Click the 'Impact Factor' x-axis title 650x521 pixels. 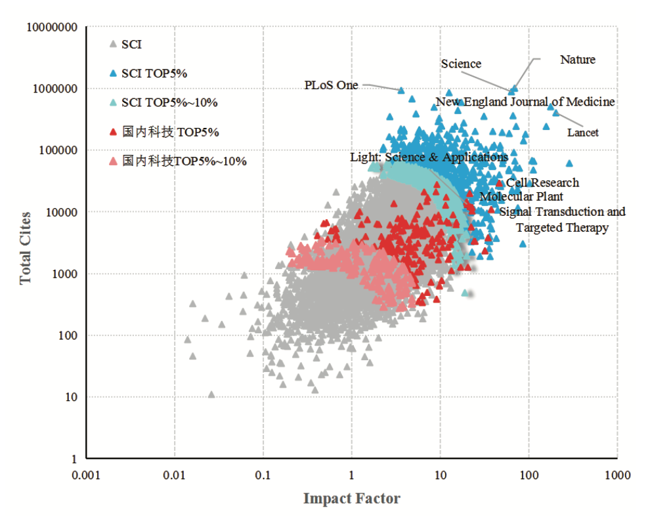tap(351, 499)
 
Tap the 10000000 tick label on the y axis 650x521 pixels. tap(51, 28)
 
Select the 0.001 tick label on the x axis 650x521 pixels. tap(86, 474)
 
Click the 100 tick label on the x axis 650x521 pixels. tap(529, 474)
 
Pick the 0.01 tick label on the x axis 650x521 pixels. tap(175, 474)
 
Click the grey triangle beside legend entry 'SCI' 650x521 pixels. tap(113, 45)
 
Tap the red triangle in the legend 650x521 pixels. tap(113, 132)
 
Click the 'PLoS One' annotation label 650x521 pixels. tap(331, 85)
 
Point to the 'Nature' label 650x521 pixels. tap(577, 60)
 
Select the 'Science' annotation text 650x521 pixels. tap(461, 64)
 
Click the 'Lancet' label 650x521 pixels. tap(583, 133)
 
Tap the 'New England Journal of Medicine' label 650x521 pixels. tap(525, 102)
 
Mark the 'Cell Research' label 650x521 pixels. tap(542, 182)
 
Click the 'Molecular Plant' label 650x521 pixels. tap(521, 196)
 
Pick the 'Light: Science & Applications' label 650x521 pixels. tap(429, 157)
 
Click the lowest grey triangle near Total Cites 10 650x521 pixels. tap(211, 394)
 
